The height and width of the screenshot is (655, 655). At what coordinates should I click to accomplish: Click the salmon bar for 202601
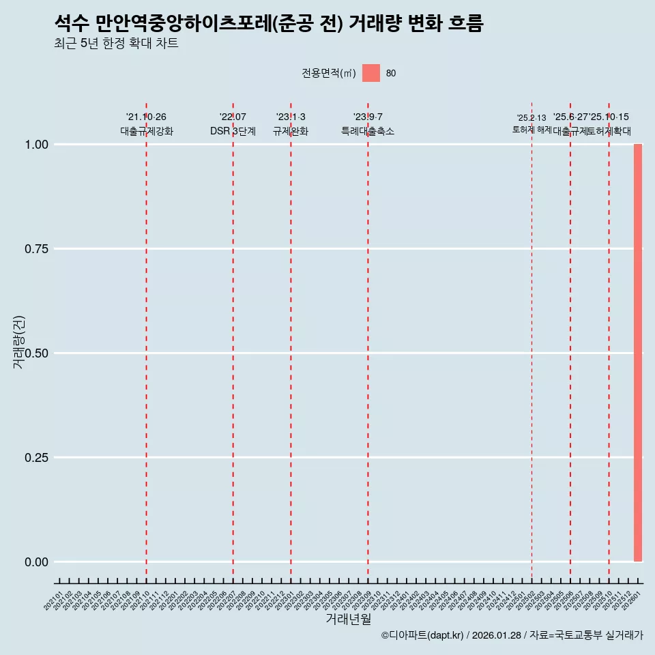(638, 353)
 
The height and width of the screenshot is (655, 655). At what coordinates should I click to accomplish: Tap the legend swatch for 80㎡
(371, 73)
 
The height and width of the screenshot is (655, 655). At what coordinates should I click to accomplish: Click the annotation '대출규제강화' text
(147, 132)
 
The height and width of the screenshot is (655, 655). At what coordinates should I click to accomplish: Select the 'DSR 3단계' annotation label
(233, 132)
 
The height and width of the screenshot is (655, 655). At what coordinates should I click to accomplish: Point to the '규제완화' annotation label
(291, 132)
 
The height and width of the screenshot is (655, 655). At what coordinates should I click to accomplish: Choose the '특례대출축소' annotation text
(368, 132)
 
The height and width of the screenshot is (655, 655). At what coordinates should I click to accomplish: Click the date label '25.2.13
(532, 118)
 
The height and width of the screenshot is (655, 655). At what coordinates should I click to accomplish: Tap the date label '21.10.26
(146, 117)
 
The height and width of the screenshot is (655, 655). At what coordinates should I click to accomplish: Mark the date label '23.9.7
(368, 117)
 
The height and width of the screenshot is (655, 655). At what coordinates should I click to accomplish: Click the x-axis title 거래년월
(349, 620)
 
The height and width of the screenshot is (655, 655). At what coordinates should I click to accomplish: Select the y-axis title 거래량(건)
(18, 343)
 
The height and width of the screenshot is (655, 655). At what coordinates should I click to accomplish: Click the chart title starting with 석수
(269, 24)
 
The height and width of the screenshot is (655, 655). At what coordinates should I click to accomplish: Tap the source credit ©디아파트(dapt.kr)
(423, 636)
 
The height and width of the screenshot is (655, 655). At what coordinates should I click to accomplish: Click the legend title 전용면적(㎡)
(329, 73)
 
